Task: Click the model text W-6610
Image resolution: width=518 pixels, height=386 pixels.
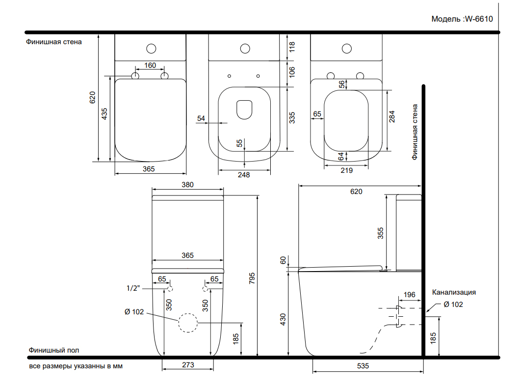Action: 479,19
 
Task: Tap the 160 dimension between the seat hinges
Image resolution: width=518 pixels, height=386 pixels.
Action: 150,65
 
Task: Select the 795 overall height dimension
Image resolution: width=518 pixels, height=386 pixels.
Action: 252,278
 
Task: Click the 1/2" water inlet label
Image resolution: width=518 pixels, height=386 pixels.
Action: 133,288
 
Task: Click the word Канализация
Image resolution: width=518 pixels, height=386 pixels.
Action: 454,292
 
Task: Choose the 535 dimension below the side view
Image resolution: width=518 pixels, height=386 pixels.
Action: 363,365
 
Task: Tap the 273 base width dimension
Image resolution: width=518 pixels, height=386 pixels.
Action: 188,364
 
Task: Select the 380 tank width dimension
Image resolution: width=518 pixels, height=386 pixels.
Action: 188,185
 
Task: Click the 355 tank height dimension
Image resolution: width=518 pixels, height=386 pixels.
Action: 381,233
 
